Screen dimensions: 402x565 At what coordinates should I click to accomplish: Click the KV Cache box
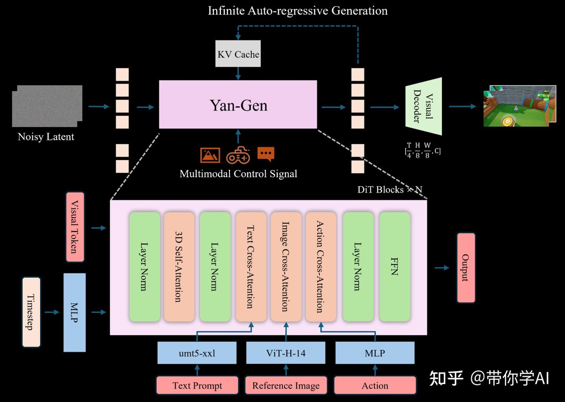point(238,54)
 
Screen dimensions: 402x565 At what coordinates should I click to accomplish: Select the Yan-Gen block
point(238,105)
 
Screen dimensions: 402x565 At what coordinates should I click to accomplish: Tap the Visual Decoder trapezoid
point(424,106)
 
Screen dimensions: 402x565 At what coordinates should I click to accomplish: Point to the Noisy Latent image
point(47,106)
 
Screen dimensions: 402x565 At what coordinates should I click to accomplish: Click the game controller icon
point(238,155)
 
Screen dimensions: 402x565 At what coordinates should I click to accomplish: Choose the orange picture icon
point(210,155)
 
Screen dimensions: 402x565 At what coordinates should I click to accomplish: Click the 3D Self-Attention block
point(179,267)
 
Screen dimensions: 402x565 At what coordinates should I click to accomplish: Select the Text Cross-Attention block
point(250,267)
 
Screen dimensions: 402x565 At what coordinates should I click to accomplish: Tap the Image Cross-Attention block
point(286,267)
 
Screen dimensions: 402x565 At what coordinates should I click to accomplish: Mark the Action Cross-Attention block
point(321,267)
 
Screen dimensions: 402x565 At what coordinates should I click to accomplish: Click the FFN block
point(395,267)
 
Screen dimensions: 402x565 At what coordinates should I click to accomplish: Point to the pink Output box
point(466,267)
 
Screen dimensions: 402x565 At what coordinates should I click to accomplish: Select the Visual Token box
point(75,227)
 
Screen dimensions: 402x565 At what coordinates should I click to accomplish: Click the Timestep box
point(31,312)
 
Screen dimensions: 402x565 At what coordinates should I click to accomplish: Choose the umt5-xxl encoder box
point(197,353)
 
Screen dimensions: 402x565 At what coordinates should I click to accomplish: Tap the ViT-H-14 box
point(286,353)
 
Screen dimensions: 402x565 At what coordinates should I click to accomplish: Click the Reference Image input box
point(286,386)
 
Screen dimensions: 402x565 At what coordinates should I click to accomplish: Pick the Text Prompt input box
point(197,386)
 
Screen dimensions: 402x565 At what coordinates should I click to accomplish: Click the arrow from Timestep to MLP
point(52,312)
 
